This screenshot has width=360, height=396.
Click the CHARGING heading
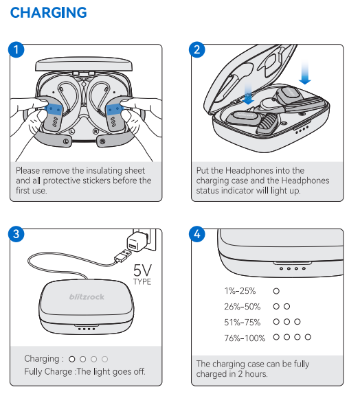coord(48,12)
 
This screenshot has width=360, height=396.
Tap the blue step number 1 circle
coord(16,49)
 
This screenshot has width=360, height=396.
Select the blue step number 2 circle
coord(197,49)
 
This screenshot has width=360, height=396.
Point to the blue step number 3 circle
coord(16,234)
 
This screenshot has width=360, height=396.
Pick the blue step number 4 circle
coord(197,234)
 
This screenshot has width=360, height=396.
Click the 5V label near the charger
coord(142,270)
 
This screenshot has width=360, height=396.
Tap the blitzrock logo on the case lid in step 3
coord(87,296)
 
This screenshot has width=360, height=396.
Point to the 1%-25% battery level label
coord(240,291)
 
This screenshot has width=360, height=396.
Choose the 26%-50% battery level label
coord(243,307)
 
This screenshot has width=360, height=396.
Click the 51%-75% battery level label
coord(243,323)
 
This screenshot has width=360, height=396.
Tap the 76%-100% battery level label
coord(245,338)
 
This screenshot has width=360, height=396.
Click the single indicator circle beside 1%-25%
coord(276,291)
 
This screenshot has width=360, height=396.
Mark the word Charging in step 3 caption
coord(42,359)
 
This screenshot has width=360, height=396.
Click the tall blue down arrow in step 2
coord(305,72)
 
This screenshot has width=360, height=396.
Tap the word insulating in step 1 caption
coord(100,170)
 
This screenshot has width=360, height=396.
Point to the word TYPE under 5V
coord(142,281)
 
